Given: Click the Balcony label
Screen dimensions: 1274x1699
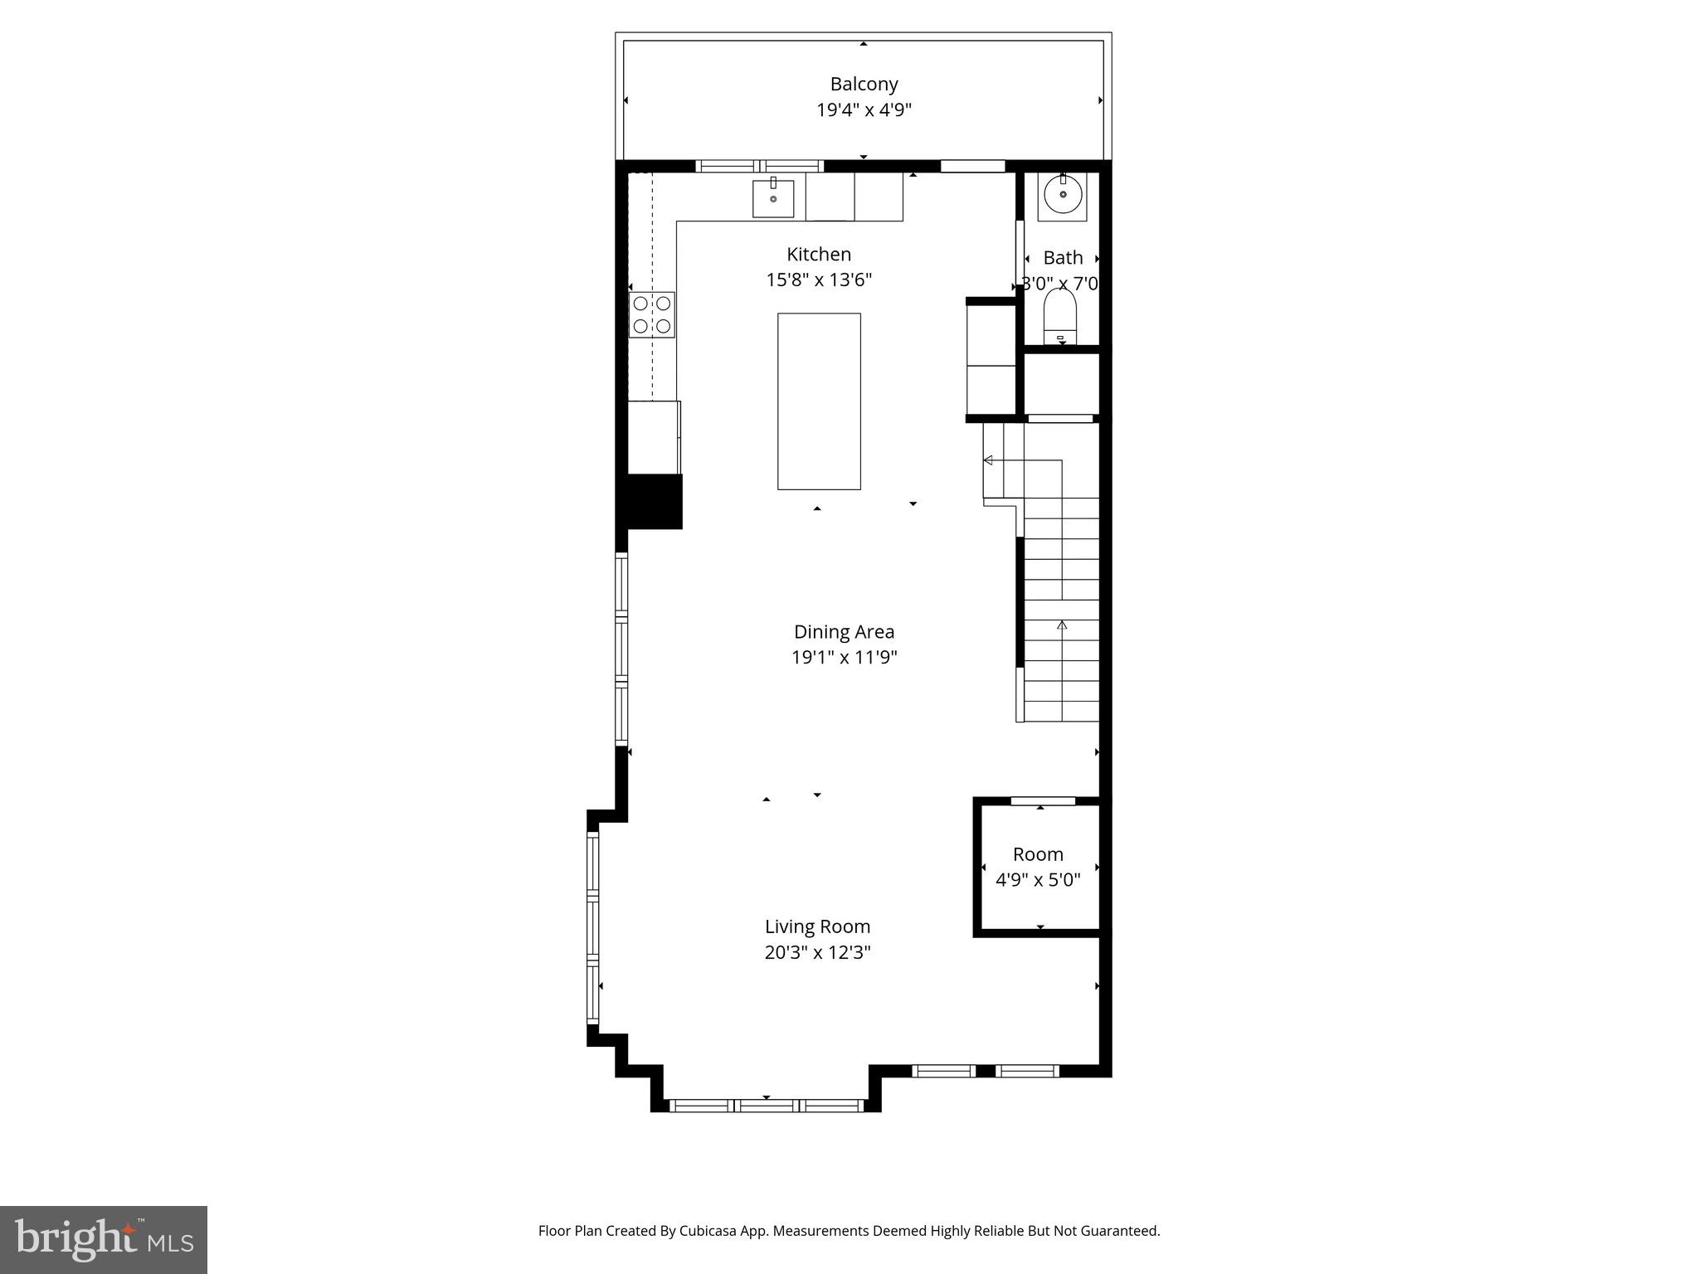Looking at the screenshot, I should click(864, 84).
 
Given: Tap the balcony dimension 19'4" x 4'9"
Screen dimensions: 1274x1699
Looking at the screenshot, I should click(864, 110).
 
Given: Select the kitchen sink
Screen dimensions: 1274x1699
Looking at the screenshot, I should click(773, 198).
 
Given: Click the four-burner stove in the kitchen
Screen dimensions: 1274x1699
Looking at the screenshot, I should click(651, 314).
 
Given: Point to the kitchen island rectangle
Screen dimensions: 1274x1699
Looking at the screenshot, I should click(818, 401).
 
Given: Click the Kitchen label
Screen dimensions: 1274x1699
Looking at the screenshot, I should click(818, 254).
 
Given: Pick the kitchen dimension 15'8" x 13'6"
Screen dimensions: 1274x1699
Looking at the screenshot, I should click(818, 280).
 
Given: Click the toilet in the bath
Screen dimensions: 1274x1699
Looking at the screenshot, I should click(1060, 318).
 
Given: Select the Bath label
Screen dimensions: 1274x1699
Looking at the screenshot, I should click(1063, 258).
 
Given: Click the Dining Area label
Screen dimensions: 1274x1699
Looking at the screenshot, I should click(844, 632).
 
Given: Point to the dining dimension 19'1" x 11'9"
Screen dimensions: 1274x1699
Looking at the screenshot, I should click(844, 658).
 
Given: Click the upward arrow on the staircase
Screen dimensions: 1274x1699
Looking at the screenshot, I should click(1062, 625).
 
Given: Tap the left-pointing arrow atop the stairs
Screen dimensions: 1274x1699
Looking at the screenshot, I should click(988, 460).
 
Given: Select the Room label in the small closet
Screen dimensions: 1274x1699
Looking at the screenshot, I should click(1037, 854).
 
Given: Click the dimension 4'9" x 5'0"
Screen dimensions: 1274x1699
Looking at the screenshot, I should click(1037, 880).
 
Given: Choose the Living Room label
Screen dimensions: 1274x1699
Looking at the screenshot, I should click(817, 926).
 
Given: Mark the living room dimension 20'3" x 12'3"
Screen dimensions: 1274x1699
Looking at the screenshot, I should click(817, 952).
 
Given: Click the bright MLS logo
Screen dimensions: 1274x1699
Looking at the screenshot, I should click(103, 1239).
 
